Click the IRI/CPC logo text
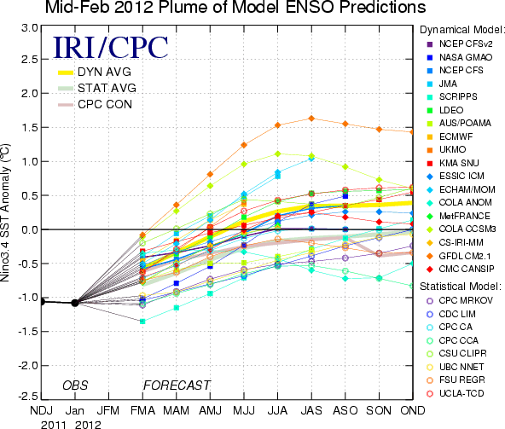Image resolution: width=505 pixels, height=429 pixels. (x=111, y=48)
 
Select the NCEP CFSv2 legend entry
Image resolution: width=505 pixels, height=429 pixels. (x=460, y=43)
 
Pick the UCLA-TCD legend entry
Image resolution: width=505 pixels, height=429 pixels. (x=456, y=393)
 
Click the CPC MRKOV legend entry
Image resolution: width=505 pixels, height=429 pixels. (x=460, y=300)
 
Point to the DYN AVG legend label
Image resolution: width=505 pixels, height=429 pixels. (x=104, y=72)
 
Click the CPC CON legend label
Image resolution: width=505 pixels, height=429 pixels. (x=105, y=104)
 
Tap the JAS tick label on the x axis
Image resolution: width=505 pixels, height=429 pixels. (x=311, y=410)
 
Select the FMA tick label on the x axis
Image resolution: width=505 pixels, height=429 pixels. (x=142, y=410)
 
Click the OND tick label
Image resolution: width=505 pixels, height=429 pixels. (x=413, y=410)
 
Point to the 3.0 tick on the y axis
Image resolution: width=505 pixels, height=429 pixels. (x=30, y=28)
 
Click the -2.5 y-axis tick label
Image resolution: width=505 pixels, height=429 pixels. (x=27, y=396)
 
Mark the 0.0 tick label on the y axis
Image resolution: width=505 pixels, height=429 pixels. (x=30, y=229)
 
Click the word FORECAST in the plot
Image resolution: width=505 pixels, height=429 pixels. (x=177, y=386)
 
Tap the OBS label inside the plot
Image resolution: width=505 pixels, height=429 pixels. (x=75, y=386)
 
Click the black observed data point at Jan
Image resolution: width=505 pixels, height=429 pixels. (x=75, y=303)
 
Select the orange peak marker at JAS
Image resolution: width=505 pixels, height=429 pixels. (x=311, y=119)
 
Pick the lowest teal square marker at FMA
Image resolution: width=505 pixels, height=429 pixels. (x=142, y=321)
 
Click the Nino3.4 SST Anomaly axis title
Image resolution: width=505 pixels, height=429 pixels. (x=5, y=212)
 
